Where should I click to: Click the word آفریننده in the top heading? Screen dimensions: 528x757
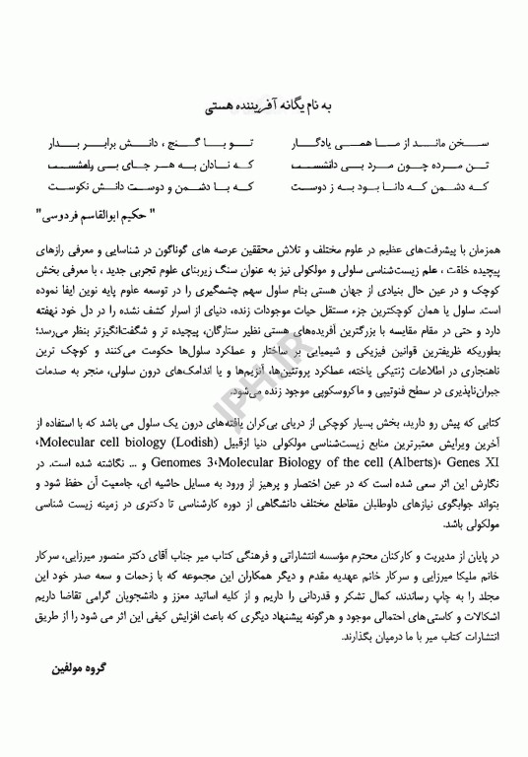click(x=259, y=101)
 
